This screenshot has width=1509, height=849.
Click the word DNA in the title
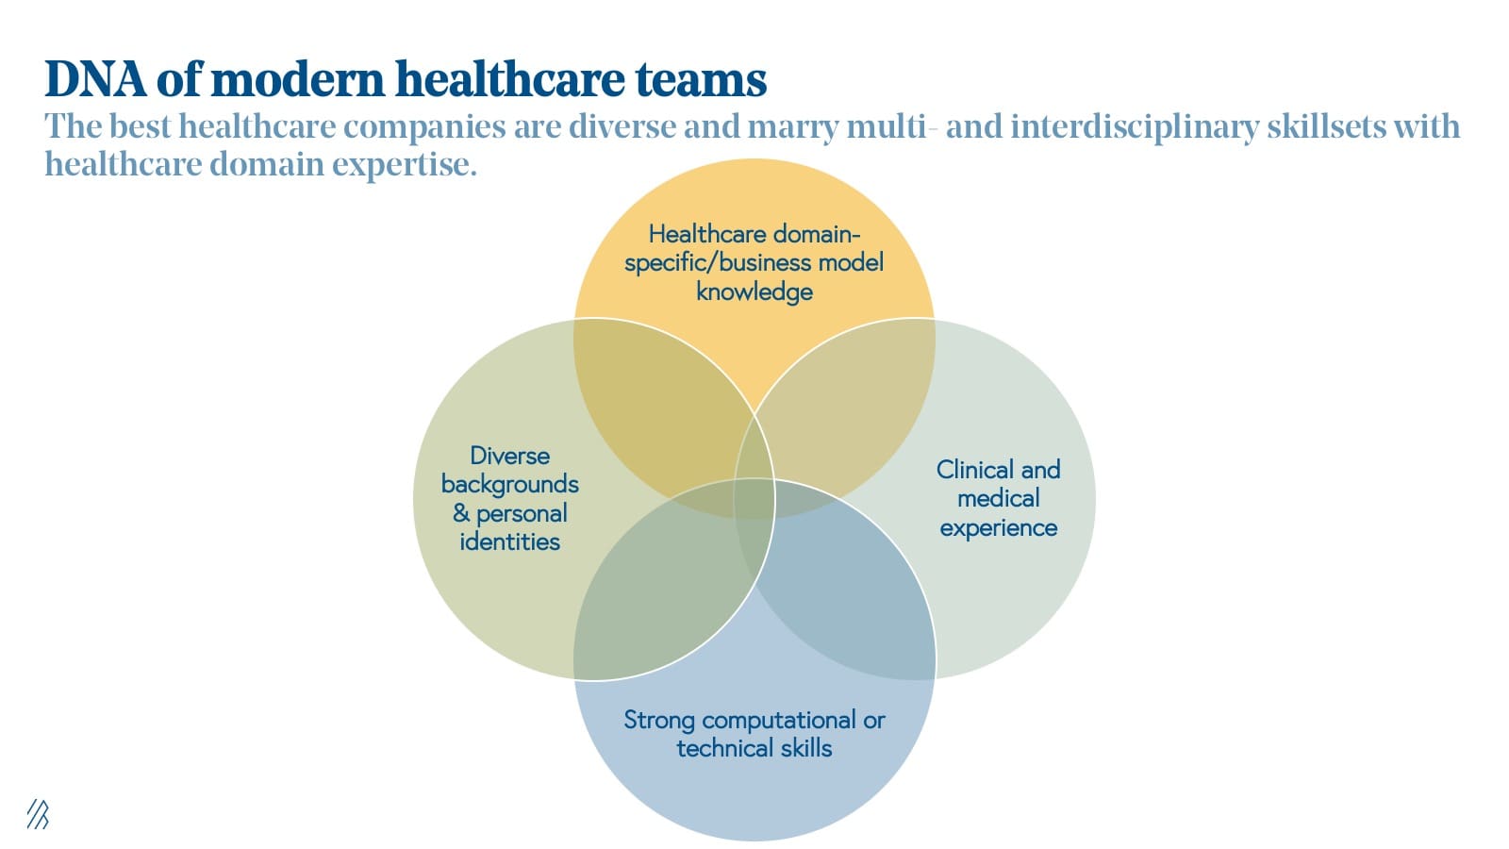coord(95,79)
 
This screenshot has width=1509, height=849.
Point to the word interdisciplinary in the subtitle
coord(1135,126)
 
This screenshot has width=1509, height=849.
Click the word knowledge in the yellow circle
coord(754,292)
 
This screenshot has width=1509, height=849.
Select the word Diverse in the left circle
coord(510,457)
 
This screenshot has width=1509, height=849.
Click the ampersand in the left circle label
coord(461,513)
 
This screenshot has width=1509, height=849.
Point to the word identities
coord(510,541)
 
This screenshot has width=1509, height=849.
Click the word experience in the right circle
coord(999,528)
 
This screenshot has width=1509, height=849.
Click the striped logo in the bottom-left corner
coord(38,814)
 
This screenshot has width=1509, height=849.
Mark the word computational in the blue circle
coord(779,721)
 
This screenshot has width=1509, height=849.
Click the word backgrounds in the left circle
coord(510,485)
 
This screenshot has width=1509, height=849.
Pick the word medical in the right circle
coord(999,499)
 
